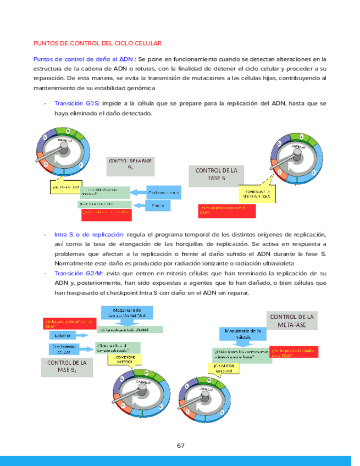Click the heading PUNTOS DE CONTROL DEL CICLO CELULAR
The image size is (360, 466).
coord(97,42)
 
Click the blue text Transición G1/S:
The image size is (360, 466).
coord(77,103)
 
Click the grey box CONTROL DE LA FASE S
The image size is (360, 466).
coord(216,175)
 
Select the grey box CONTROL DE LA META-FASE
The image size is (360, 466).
coord(291,321)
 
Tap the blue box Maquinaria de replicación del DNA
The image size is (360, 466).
coord(127,313)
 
